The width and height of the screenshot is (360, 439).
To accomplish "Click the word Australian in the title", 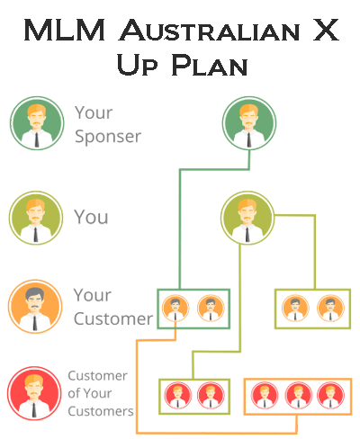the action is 210,30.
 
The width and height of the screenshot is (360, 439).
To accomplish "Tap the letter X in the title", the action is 326,30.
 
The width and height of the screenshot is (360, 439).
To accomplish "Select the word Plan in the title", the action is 210,65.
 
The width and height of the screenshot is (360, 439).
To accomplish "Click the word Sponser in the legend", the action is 108,137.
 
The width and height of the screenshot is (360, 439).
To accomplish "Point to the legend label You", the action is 91,217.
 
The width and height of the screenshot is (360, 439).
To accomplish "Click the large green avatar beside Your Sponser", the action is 37,123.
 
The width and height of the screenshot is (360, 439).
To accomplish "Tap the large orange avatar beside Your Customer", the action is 35,307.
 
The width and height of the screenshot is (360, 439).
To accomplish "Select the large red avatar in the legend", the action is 34,393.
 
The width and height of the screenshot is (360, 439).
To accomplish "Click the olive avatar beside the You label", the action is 36,218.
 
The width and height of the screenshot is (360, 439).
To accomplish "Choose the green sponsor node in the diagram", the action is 249,123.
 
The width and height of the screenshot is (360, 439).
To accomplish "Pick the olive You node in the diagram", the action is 247,218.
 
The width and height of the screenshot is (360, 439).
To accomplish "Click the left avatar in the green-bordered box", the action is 175,309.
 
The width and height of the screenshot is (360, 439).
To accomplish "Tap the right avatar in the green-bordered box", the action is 211,309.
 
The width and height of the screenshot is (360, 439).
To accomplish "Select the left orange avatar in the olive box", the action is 295,309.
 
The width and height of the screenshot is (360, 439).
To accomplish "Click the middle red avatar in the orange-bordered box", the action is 298,396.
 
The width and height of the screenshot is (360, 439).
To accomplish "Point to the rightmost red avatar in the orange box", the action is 330,396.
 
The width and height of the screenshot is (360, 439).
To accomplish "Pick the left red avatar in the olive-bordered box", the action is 178,396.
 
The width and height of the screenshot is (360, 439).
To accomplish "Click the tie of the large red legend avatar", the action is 34,410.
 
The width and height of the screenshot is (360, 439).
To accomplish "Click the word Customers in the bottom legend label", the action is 101,411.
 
